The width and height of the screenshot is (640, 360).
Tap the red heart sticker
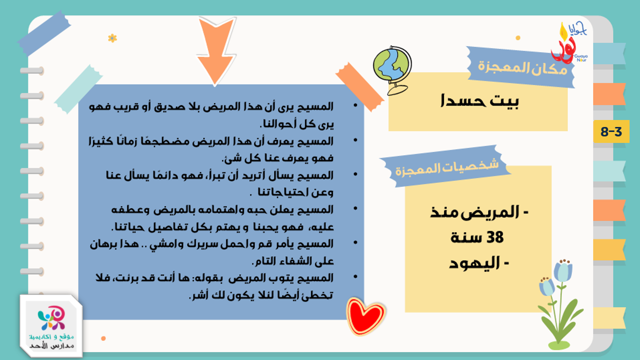tap(366, 316)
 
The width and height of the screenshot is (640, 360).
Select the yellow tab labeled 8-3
tap(611, 131)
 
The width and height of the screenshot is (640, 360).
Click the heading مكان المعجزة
tap(523, 68)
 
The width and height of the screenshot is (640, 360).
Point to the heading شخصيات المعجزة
tap(447, 168)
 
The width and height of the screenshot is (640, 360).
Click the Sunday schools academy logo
tap(51, 326)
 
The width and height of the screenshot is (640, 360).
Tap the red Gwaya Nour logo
tap(568, 43)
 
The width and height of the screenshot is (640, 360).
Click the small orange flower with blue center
tap(112, 38)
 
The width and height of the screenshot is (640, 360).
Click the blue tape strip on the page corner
tap(44, 33)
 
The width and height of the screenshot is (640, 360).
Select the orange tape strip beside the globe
tap(360, 87)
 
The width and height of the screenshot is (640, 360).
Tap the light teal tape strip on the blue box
tap(78, 89)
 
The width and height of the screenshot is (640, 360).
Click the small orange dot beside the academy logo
tap(104, 339)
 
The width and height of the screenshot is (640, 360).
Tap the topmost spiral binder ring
tap(32, 71)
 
